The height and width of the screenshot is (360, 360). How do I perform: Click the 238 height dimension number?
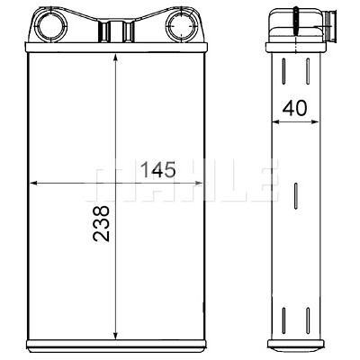(101, 223)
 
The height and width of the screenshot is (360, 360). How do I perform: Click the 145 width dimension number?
(157, 169)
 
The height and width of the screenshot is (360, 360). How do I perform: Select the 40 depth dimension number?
(295, 108)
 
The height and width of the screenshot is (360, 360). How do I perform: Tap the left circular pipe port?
(51, 26)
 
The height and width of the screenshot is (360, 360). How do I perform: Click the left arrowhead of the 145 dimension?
(34, 183)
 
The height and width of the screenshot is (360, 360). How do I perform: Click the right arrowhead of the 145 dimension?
(198, 183)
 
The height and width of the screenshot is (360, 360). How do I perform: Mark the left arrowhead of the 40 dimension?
(276, 121)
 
